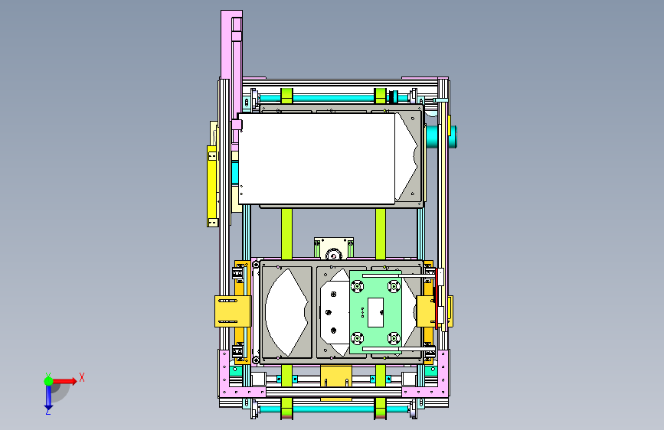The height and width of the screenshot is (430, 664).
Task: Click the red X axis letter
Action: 82,377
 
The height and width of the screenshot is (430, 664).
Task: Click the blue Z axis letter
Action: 48,411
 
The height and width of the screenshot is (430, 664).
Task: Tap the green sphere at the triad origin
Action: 49,381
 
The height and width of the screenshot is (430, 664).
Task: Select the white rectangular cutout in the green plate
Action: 375,312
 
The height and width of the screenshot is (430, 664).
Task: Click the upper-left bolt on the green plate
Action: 358,286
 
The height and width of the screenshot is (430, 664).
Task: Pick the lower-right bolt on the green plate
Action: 394,338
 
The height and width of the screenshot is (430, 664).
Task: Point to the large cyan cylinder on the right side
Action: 440,137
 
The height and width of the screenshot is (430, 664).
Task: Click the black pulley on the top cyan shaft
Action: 393,97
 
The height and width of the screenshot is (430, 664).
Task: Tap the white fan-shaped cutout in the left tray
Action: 286,312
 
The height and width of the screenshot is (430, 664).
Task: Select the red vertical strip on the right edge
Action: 437,298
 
